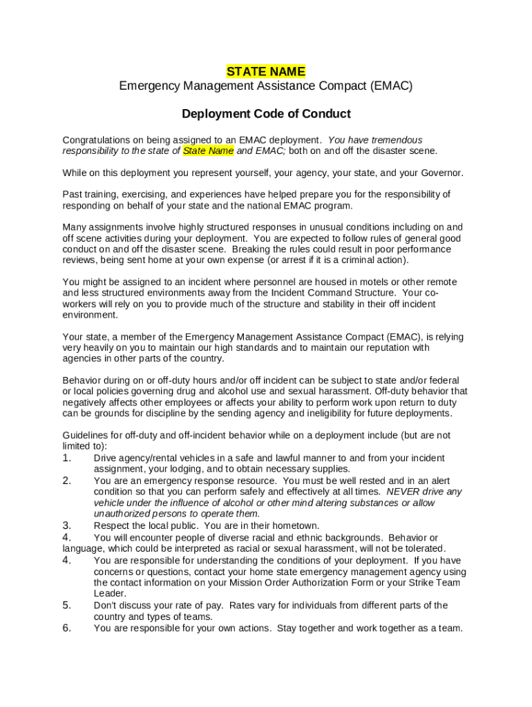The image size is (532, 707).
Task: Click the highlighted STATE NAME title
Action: point(266,72)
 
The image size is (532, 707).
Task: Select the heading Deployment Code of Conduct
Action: point(266,114)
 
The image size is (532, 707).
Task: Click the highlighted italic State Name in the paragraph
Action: point(209,151)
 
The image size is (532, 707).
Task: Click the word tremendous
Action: point(396,140)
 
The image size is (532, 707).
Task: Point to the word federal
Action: point(443,380)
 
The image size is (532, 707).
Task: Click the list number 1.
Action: point(67,458)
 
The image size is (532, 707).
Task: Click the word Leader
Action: point(110,594)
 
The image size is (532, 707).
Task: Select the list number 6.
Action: point(67,628)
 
